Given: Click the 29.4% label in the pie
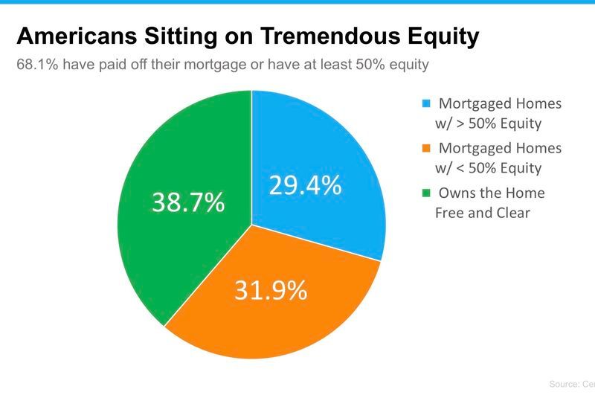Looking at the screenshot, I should tap(304, 185).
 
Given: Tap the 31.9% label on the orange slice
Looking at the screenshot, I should tap(271, 290).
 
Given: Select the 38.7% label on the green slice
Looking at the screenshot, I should tap(188, 202).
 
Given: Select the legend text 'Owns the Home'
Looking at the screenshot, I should tap(491, 193).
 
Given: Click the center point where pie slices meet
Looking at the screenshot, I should tap(252, 224).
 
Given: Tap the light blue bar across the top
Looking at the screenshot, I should tap(297, 2).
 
